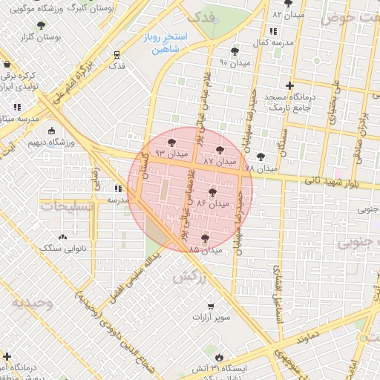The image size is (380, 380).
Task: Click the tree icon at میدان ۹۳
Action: click(172, 143)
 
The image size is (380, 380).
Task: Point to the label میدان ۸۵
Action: click(206, 250)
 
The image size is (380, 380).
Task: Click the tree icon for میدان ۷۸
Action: click(260, 157)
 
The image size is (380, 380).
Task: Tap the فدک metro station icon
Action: click(117, 55)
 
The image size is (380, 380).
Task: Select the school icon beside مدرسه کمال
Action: click(272, 32)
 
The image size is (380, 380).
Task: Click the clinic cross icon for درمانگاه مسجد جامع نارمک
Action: click(300, 85)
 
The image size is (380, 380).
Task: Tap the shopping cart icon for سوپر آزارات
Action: click(211, 307)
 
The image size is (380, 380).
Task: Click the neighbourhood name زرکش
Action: click(189, 276)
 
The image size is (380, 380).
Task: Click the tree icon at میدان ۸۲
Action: click(288, 4)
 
